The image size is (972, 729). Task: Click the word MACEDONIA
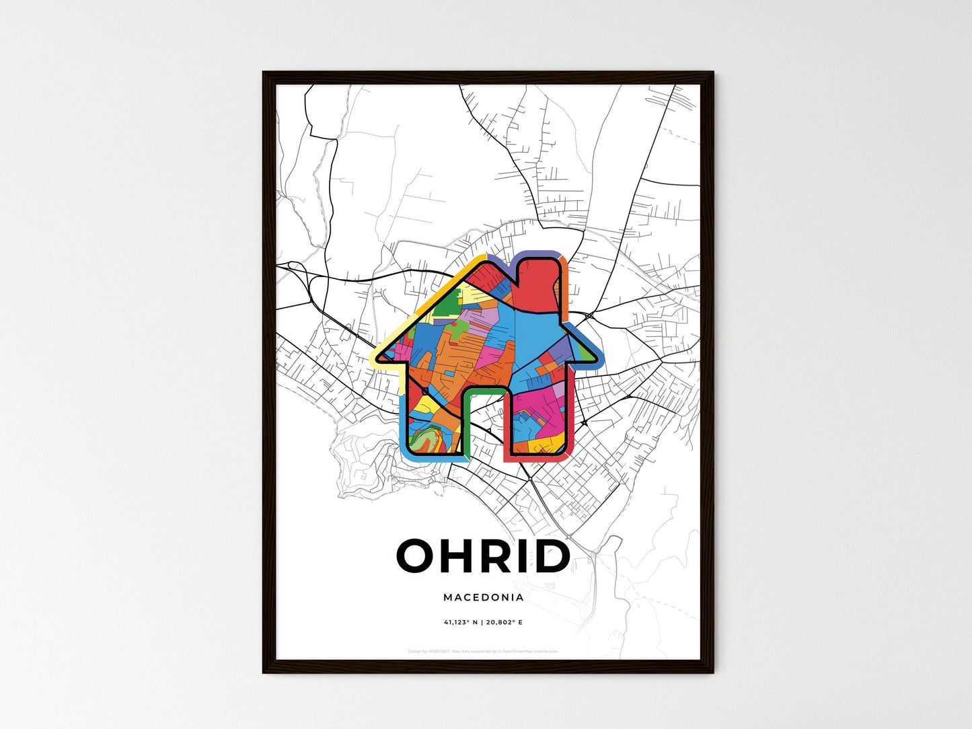(x=483, y=597)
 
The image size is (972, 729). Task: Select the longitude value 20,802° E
(x=504, y=622)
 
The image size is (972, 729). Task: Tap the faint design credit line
(x=483, y=651)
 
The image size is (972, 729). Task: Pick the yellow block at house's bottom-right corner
(x=552, y=445)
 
